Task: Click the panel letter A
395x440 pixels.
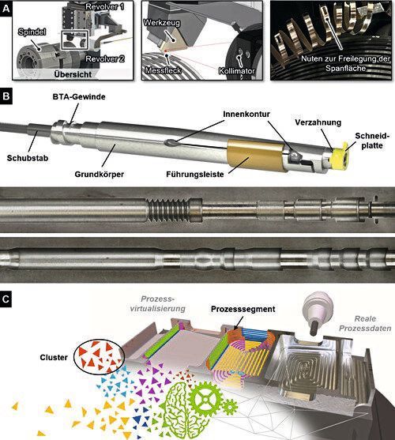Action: (7, 7)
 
